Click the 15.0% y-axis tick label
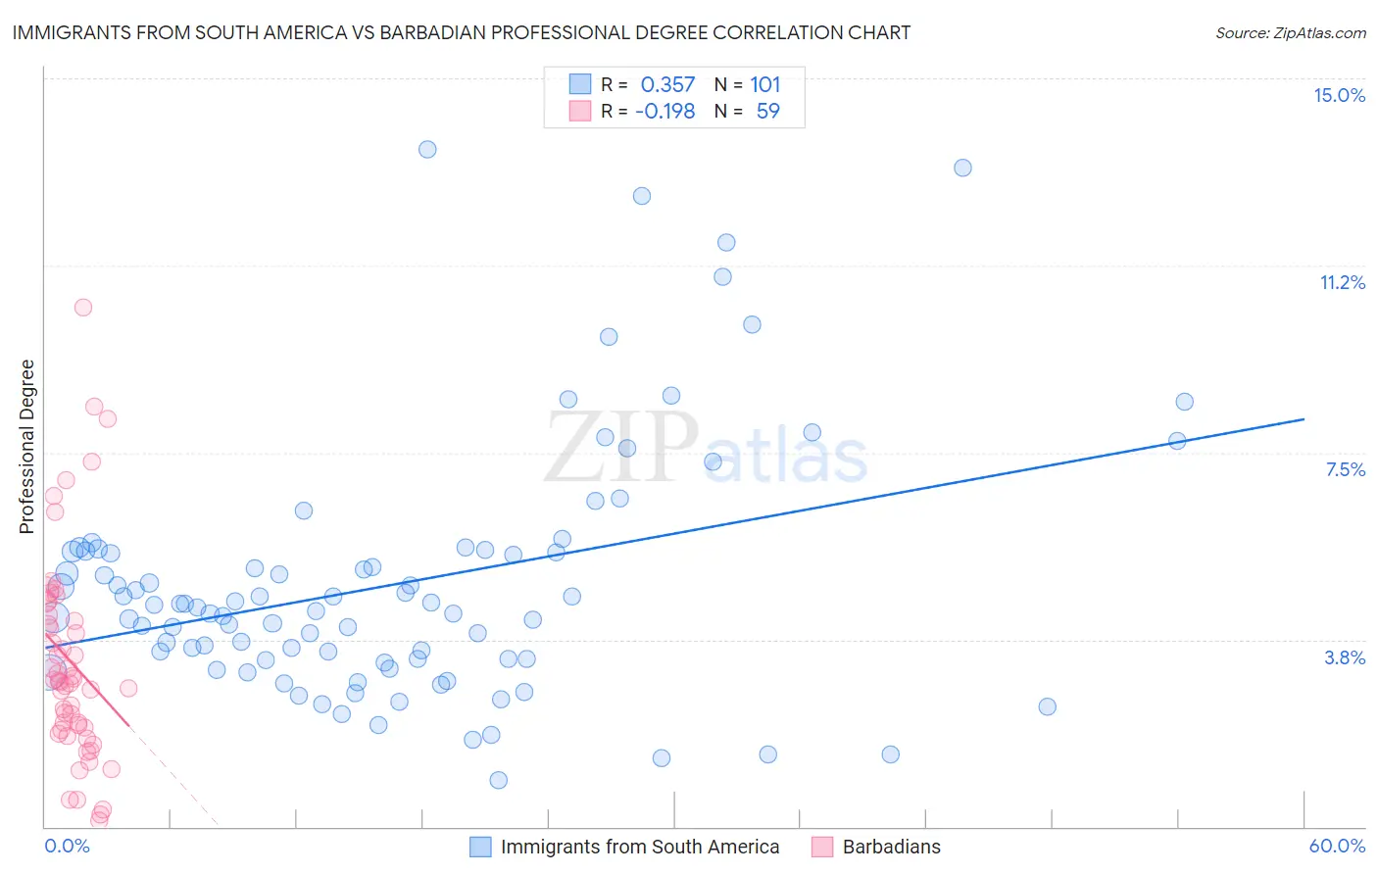tap(1339, 95)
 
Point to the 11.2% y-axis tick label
tap(1342, 282)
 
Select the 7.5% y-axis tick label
tap(1345, 469)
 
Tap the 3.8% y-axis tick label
tap(1345, 657)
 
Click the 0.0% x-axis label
tap(67, 846)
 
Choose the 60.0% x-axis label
tap(1337, 846)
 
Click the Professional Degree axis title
tap(26, 447)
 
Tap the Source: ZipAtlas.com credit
tap(1290, 33)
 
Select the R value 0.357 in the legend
tap(667, 84)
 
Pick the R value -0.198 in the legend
tap(664, 111)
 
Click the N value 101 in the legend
tap(765, 84)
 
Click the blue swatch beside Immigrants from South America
tap(480, 847)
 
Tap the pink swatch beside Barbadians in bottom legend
tap(822, 847)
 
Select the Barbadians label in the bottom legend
tap(891, 847)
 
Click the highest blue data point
tap(427, 149)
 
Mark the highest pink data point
tap(83, 307)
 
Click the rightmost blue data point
tap(1184, 402)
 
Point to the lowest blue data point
tap(498, 780)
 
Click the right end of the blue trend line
tap(1304, 418)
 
